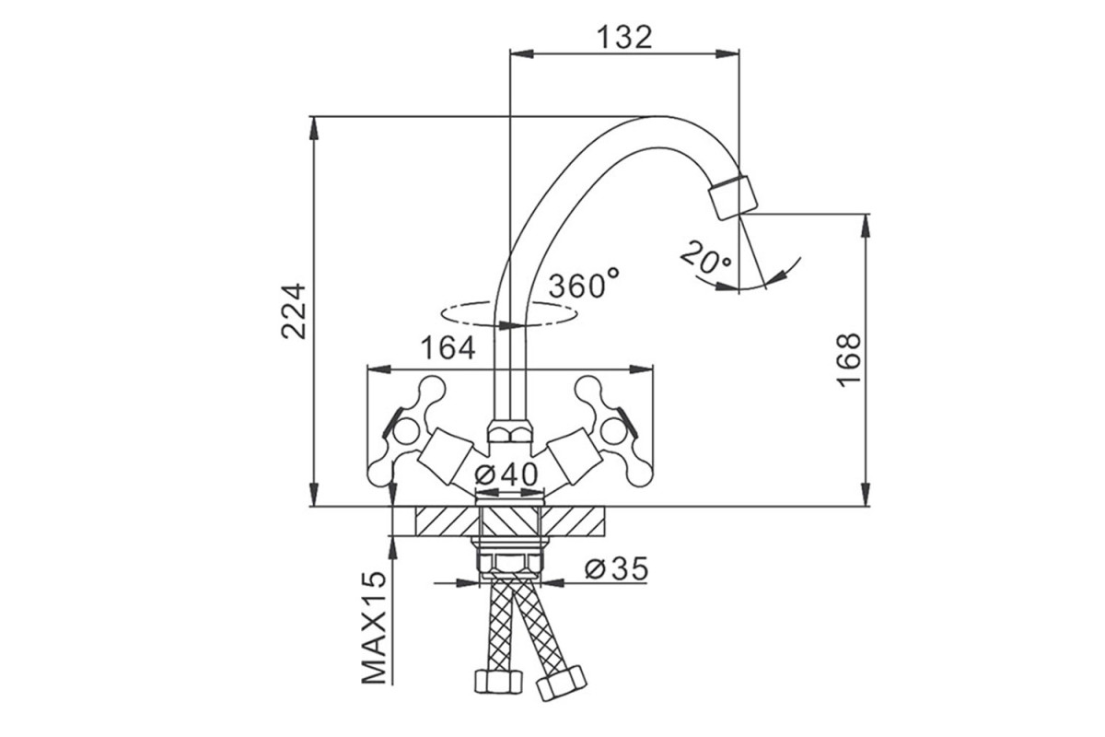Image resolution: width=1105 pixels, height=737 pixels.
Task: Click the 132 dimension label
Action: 624,37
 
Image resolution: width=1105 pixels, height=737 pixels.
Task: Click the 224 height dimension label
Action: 294,311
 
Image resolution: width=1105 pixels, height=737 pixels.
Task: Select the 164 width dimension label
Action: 448,348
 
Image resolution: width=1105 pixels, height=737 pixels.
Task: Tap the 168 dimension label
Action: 849,360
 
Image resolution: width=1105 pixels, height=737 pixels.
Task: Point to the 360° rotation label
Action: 584,284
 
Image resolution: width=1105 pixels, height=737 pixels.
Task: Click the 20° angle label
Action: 706,258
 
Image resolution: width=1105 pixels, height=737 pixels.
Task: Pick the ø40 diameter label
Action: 506,475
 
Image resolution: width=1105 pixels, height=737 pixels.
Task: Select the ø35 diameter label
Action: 616,568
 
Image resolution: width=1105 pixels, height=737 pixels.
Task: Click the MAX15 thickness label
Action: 374,628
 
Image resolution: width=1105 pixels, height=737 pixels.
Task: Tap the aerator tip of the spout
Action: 733,198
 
